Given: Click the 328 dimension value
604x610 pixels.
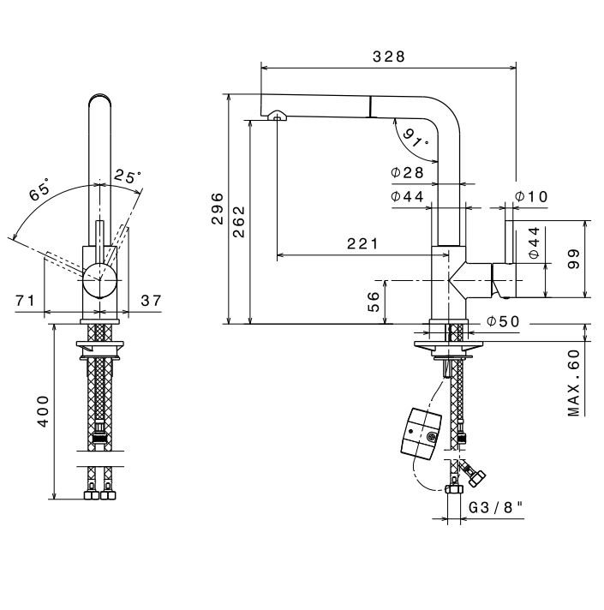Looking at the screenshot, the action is pyautogui.click(x=389, y=57).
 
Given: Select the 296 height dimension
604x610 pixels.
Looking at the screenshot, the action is pyautogui.click(x=218, y=208).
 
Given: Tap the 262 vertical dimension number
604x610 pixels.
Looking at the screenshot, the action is pyautogui.click(x=239, y=221).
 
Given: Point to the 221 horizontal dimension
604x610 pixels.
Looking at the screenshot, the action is pyautogui.click(x=362, y=243).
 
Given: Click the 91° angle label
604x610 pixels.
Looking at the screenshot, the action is pyautogui.click(x=416, y=138).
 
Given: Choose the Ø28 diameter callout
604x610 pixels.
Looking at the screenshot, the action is pyautogui.click(x=407, y=172).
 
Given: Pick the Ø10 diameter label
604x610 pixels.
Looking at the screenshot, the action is pyautogui.click(x=531, y=197).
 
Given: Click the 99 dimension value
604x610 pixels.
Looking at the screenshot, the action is pyautogui.click(x=574, y=259).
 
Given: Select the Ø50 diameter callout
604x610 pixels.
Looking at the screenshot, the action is pyautogui.click(x=503, y=322).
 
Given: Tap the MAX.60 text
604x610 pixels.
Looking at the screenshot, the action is pyautogui.click(x=574, y=383).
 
